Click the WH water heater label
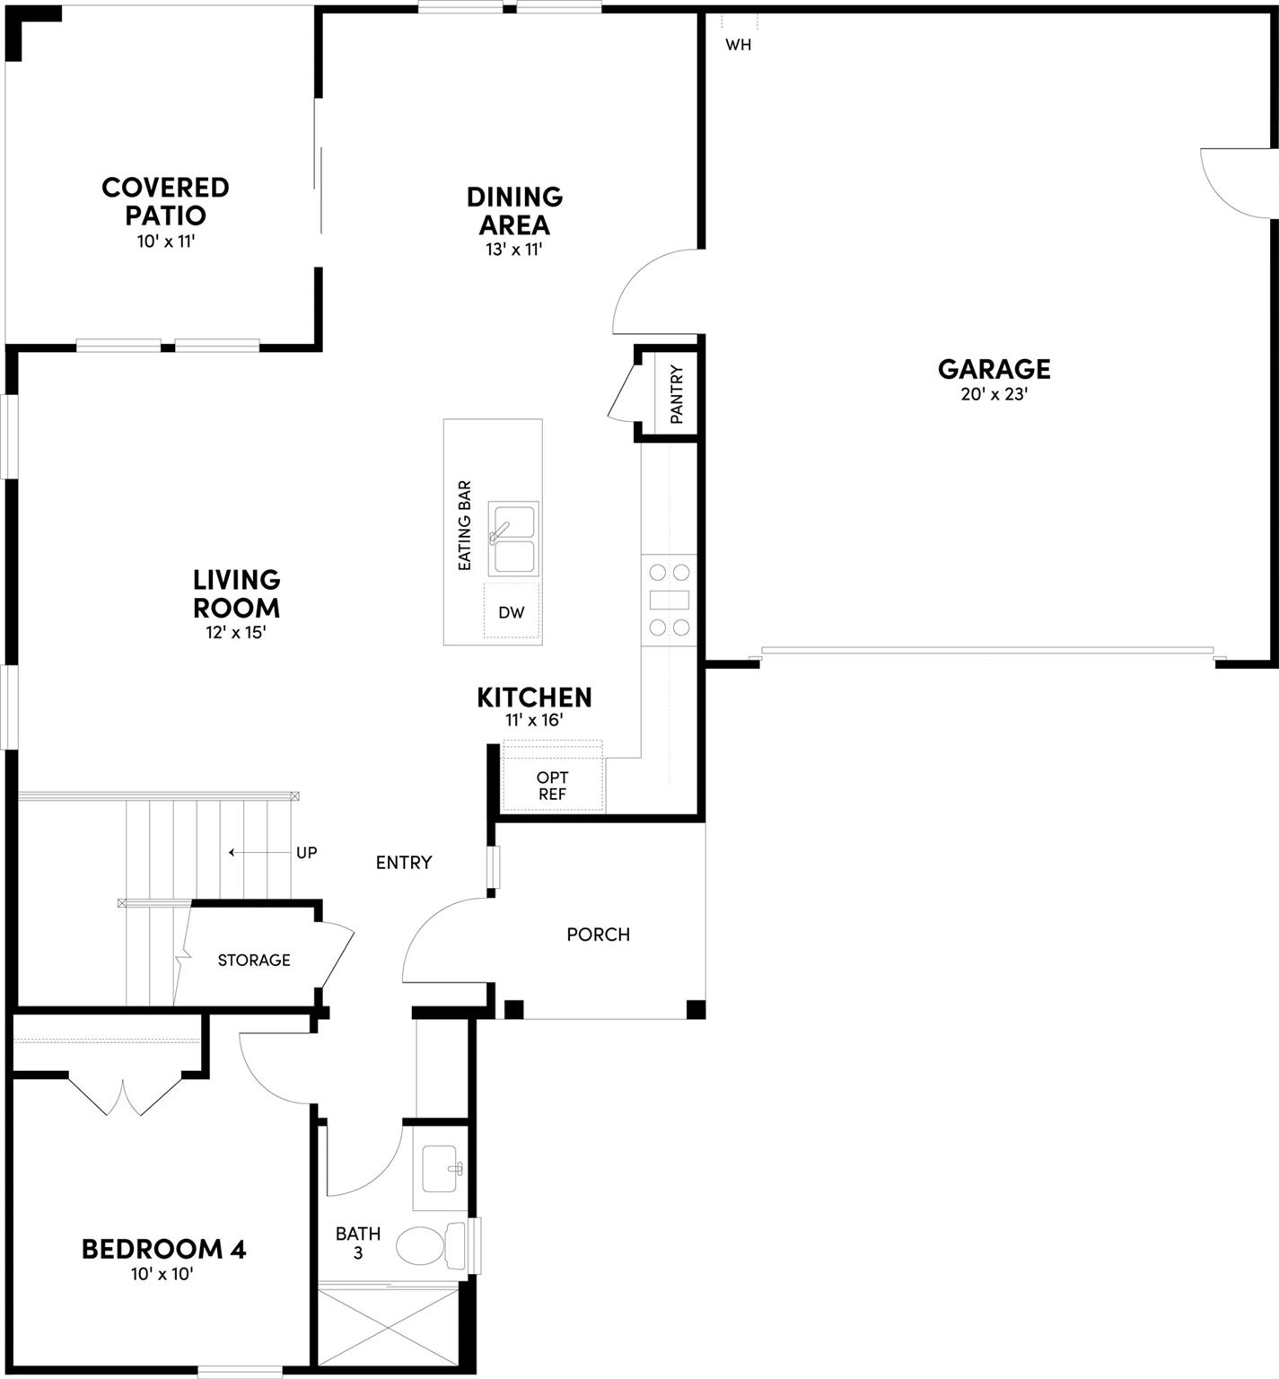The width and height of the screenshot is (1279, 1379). click(738, 45)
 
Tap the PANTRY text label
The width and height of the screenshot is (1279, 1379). click(677, 394)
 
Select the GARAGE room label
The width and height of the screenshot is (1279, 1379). click(994, 369)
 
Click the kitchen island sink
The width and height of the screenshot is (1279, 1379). click(513, 539)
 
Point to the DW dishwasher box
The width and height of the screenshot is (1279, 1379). click(512, 612)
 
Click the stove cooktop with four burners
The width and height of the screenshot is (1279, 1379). click(670, 600)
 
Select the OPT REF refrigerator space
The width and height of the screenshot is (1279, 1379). click(552, 786)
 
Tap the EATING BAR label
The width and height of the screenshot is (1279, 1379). click(465, 525)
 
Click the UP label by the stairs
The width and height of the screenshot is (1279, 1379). click(306, 853)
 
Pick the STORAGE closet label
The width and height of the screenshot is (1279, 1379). click(254, 961)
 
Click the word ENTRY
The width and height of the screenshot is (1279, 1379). click(404, 863)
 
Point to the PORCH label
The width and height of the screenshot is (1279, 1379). click(598, 935)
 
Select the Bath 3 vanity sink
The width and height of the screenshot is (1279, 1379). click(441, 1168)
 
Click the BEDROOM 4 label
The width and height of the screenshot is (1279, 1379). click(163, 1249)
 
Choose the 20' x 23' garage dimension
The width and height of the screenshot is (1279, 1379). click(994, 394)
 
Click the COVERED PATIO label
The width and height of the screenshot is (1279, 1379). click(165, 201)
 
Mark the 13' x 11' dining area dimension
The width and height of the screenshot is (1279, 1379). click(514, 250)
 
